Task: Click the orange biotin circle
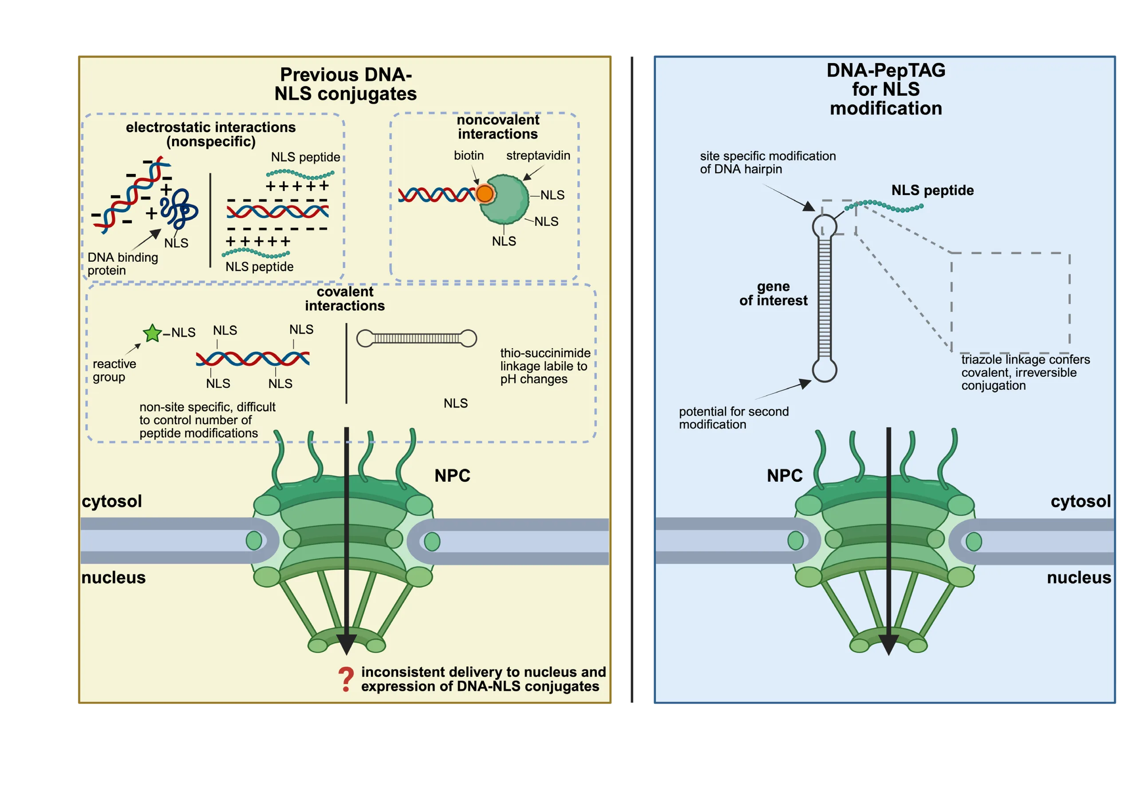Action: pos(485,193)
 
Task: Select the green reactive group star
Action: pos(152,333)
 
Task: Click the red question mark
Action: pos(346,679)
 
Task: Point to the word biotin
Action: pos(469,155)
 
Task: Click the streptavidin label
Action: pos(538,155)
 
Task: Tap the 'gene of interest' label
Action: pos(773,293)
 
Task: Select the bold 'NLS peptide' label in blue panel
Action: pos(932,190)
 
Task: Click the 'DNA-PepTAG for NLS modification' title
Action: pos(886,90)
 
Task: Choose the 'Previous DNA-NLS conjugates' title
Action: pos(345,84)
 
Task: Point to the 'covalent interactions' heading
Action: pos(345,299)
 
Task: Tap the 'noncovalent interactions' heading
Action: pos(498,127)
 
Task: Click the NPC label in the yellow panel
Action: pos(452,476)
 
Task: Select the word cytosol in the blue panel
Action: pos(1081,501)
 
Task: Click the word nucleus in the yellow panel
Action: pos(113,577)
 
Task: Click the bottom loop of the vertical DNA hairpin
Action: pos(824,370)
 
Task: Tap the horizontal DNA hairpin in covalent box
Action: pos(417,338)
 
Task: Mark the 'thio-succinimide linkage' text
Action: pos(545,366)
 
